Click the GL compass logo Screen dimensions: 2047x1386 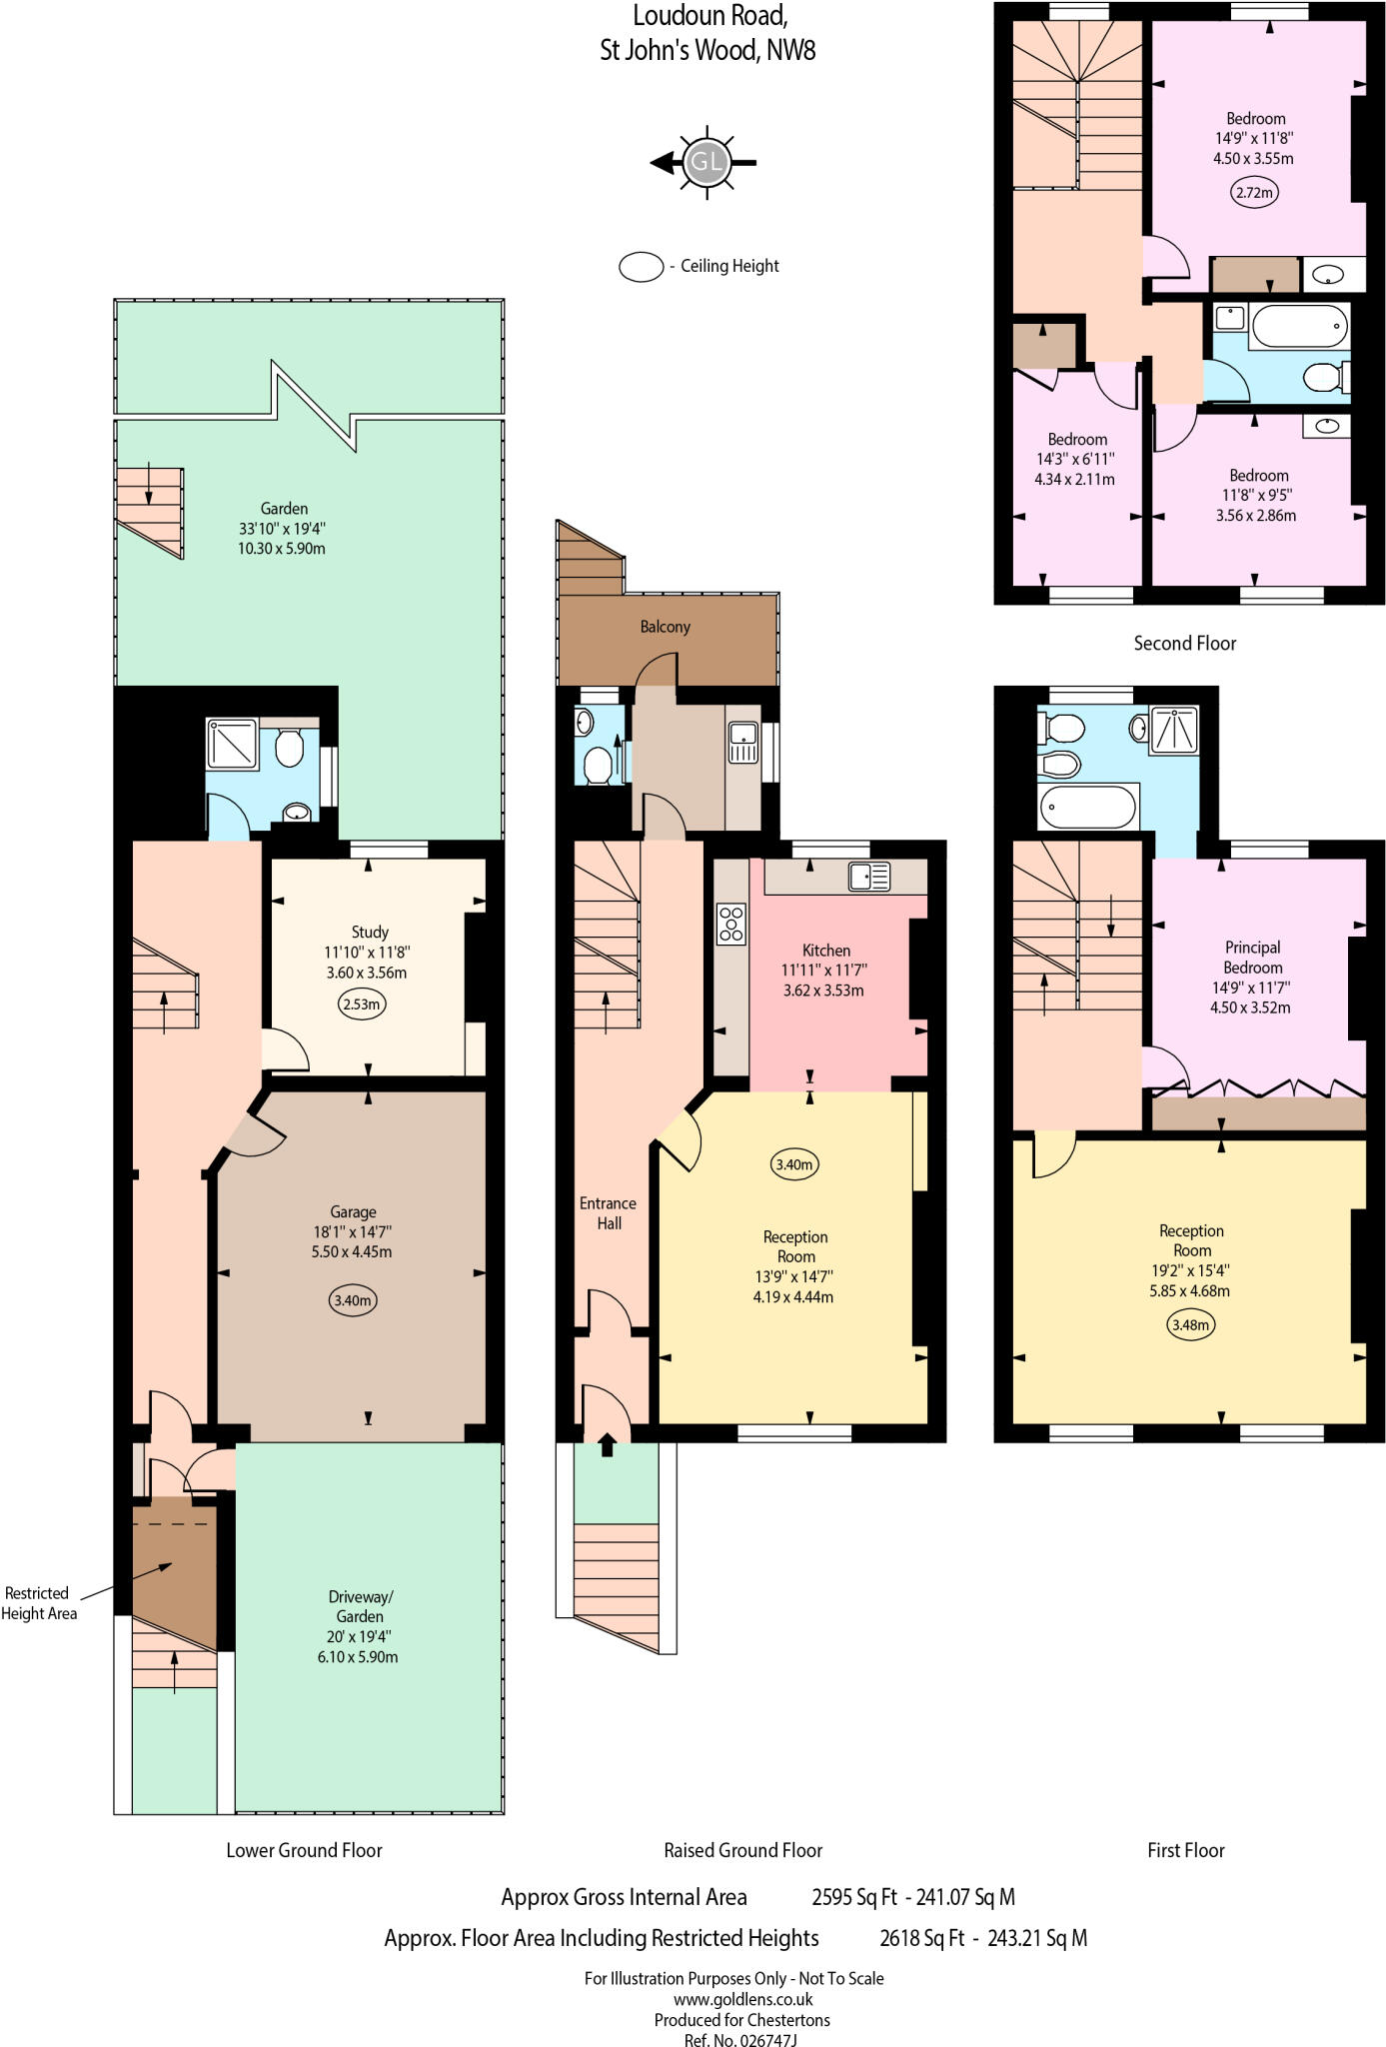click(x=706, y=162)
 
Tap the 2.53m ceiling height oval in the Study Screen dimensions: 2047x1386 click(x=362, y=1004)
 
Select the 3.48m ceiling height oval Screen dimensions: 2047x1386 click(x=1190, y=1325)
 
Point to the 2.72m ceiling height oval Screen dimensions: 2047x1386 click(x=1254, y=193)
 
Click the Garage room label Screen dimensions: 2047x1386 click(x=353, y=1211)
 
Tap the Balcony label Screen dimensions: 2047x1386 click(x=665, y=627)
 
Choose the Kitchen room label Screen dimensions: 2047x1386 click(x=826, y=950)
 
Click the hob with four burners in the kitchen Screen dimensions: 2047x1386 click(x=731, y=923)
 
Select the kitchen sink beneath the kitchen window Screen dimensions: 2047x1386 click(x=869, y=877)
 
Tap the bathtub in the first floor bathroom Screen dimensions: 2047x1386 click(x=1088, y=807)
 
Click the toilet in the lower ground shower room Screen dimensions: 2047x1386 click(x=289, y=746)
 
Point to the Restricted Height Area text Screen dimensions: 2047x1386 click(x=38, y=1602)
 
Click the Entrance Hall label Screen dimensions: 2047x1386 click(x=608, y=1212)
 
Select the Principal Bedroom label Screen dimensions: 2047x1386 click(x=1252, y=957)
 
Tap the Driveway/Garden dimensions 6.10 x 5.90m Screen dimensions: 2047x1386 click(x=358, y=1656)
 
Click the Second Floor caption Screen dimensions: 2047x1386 click(x=1184, y=643)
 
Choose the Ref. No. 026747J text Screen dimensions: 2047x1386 click(x=740, y=2039)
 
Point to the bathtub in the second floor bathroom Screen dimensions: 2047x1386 click(x=1297, y=327)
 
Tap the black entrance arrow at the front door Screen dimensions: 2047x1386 click(x=608, y=1444)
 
